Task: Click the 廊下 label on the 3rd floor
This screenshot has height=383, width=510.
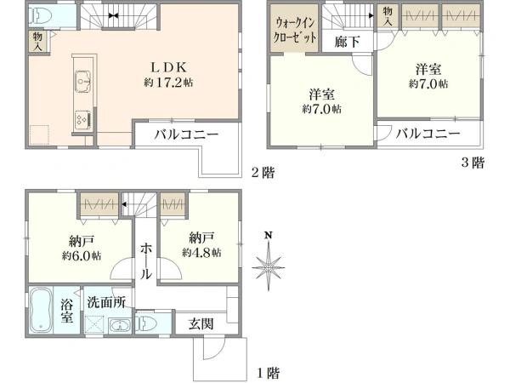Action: (x=346, y=39)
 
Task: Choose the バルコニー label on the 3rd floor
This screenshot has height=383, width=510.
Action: (x=428, y=134)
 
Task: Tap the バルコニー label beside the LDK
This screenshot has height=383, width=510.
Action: (x=186, y=134)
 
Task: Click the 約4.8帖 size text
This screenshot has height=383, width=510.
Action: (x=201, y=253)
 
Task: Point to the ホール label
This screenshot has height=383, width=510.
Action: (x=145, y=260)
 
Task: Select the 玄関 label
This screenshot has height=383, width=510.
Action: (x=201, y=323)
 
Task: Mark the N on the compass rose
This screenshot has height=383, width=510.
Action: (x=268, y=236)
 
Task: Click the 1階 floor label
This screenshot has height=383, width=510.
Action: (x=267, y=372)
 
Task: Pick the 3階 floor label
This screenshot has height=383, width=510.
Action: (x=472, y=162)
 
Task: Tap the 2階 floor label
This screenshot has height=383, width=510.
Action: (x=263, y=172)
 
